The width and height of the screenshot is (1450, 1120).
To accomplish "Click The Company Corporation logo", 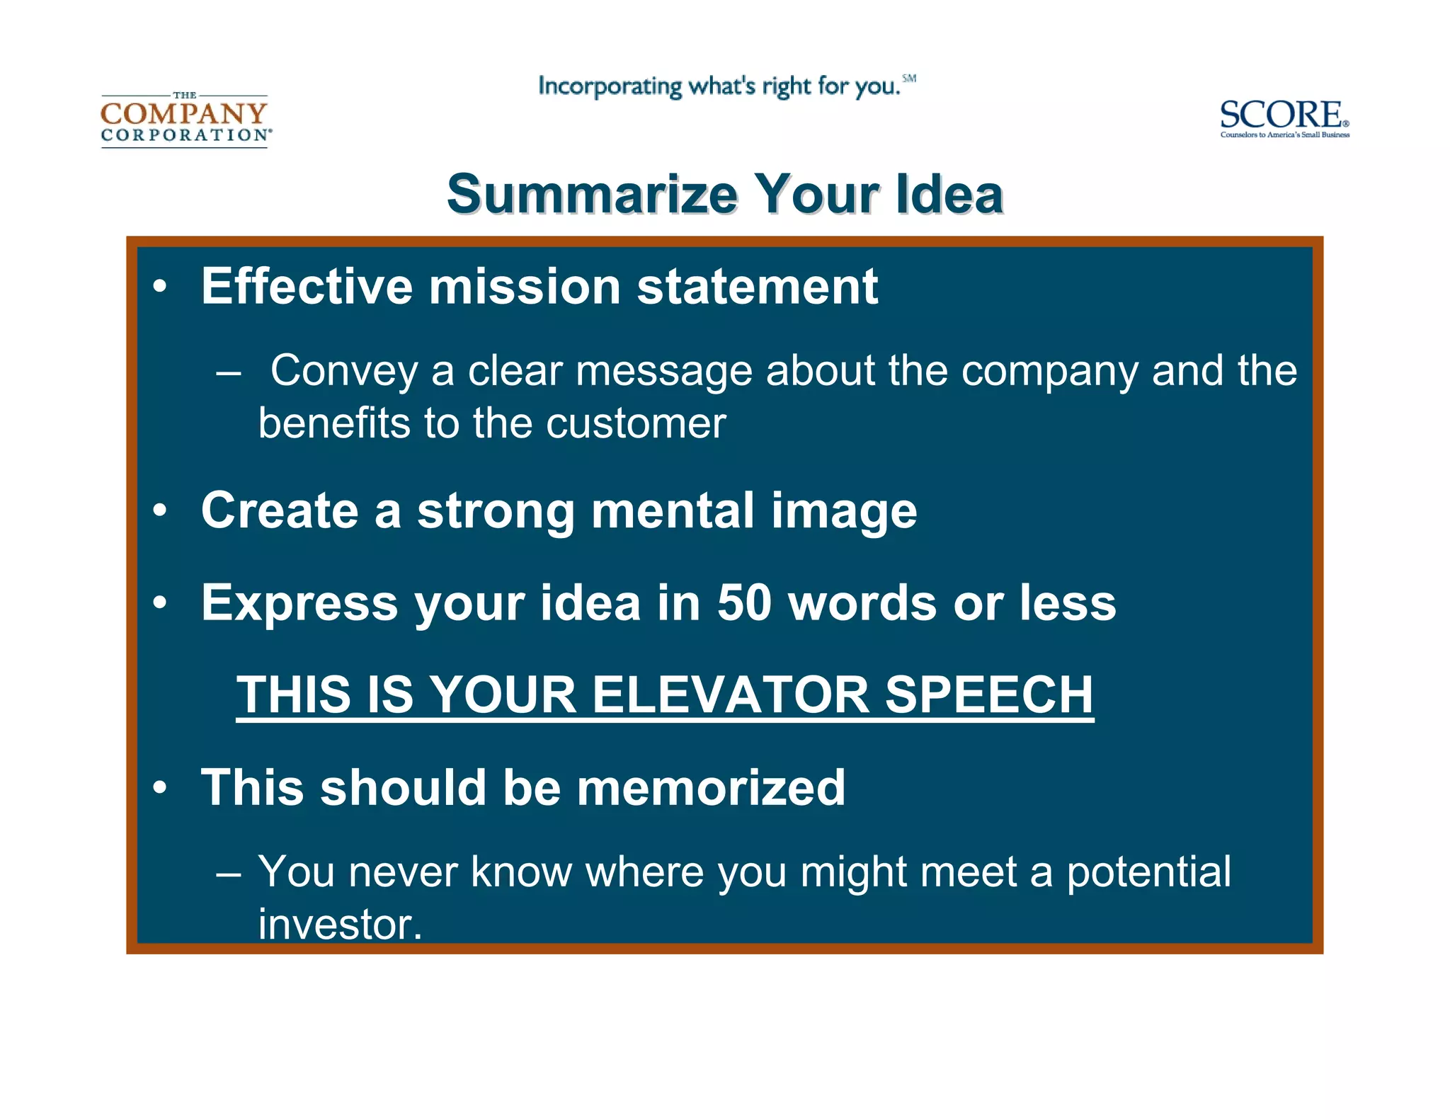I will coord(185,120).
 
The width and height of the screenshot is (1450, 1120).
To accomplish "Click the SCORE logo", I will coord(1284,118).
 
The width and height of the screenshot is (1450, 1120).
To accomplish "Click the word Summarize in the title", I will coord(593,195).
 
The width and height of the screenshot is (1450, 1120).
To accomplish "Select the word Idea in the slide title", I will coord(949,195).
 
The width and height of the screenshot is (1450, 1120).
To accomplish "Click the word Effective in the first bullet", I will coord(307,287).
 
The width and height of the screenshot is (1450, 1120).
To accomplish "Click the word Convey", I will coord(344,370).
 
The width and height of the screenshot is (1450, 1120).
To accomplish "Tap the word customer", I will coord(636,423).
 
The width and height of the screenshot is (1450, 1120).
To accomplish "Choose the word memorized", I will coord(711,788).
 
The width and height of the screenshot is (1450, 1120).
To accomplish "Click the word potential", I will coord(1148,872).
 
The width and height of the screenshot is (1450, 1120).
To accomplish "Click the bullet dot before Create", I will coord(161,510).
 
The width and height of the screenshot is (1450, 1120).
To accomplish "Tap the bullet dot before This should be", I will coord(161,787).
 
